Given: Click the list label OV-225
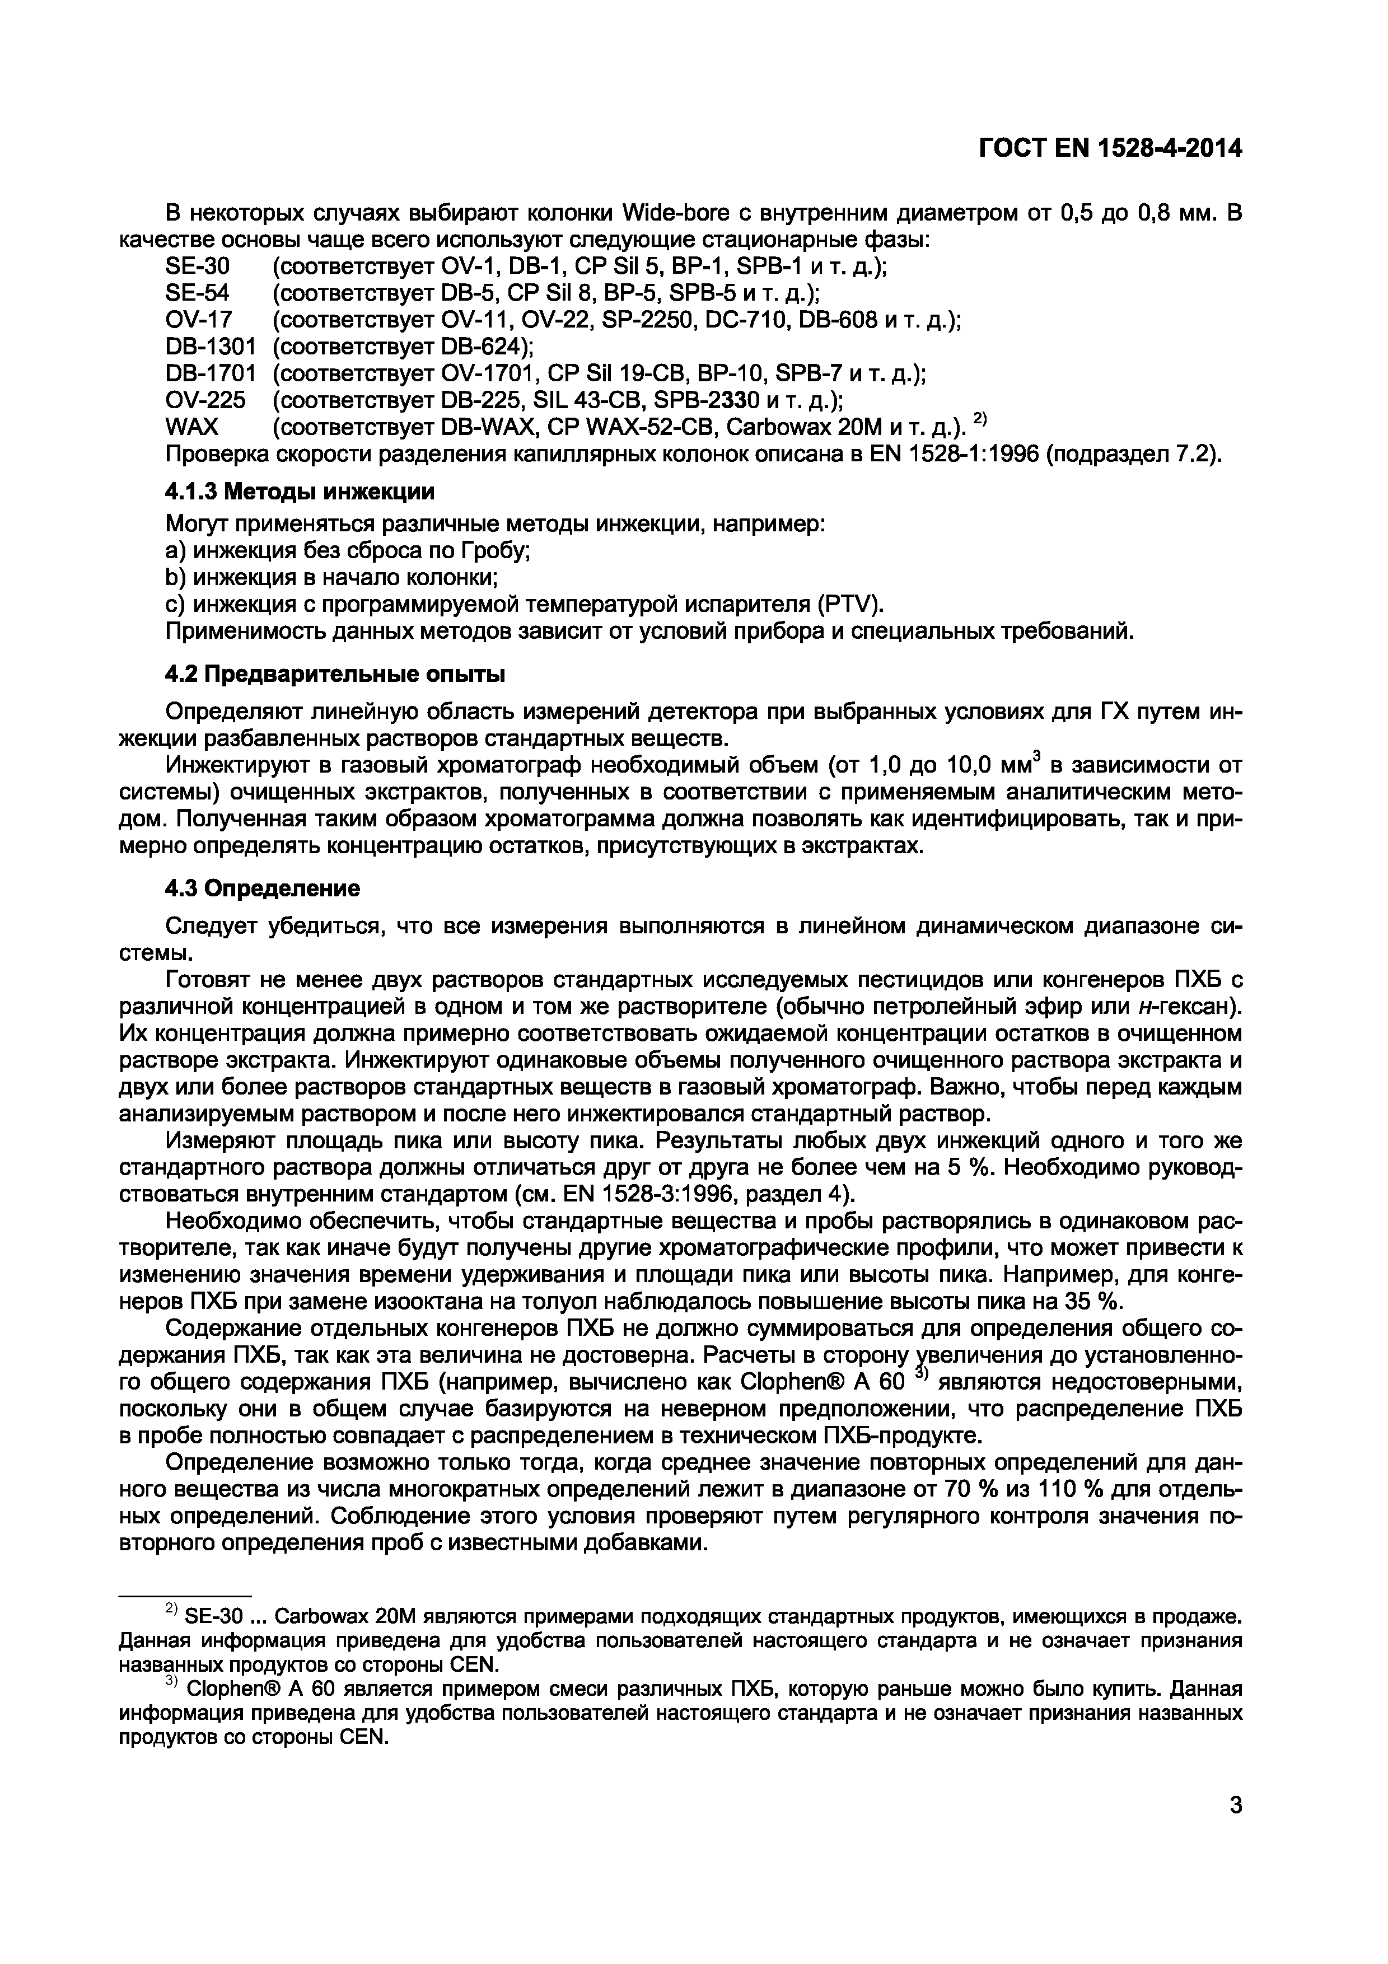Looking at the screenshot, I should (x=205, y=400).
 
